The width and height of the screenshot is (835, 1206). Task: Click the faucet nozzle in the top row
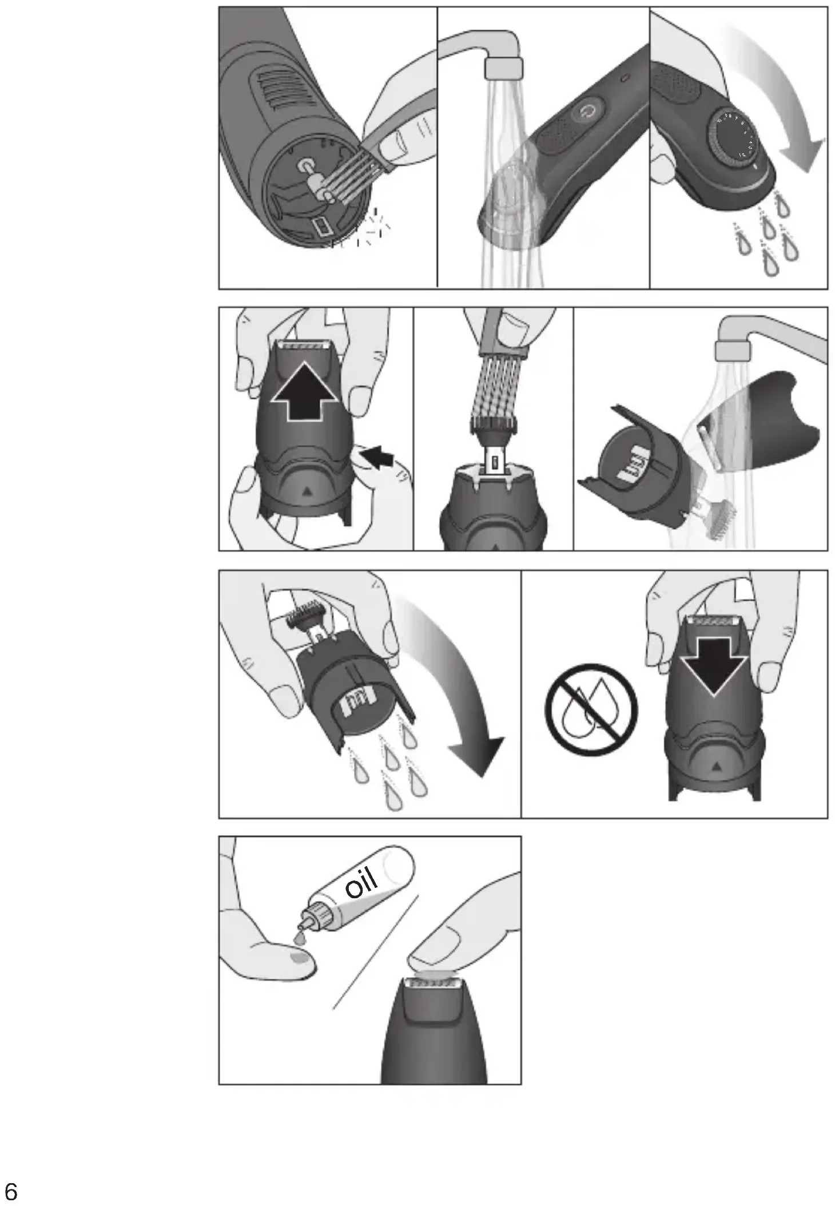pyautogui.click(x=503, y=68)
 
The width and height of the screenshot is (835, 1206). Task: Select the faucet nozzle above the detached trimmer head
pyautogui.click(x=732, y=350)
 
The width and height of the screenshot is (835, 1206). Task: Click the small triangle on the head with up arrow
pyautogui.click(x=308, y=490)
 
